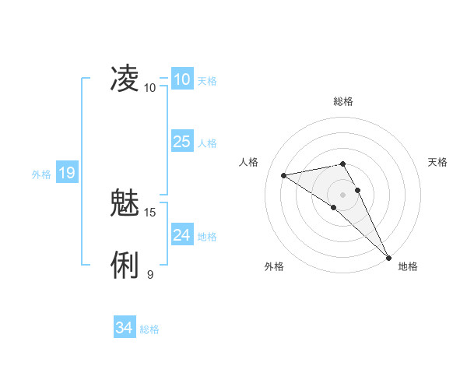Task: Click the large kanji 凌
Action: [x=125, y=78]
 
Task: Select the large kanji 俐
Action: [x=125, y=266]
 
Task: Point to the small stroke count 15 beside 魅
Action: [x=150, y=212]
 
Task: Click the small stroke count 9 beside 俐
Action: [x=150, y=274]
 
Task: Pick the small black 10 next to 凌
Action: [x=150, y=87]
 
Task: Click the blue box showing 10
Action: [x=181, y=79]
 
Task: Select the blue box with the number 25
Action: [x=181, y=141]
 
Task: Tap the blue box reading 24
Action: [x=181, y=234]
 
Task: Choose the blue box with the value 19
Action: [x=66, y=173]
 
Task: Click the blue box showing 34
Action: [x=124, y=328]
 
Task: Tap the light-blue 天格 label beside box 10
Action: [x=207, y=81]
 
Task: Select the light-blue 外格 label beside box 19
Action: [x=41, y=174]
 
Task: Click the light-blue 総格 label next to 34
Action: [x=149, y=329]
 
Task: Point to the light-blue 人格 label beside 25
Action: [x=207, y=143]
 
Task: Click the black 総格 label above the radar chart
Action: [x=343, y=101]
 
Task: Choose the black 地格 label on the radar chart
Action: [x=408, y=266]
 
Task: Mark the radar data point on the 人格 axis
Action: [x=284, y=175]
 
